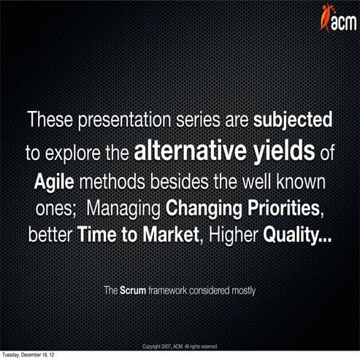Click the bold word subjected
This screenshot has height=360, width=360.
tap(293, 119)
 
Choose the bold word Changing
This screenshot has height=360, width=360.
tap(202, 209)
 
